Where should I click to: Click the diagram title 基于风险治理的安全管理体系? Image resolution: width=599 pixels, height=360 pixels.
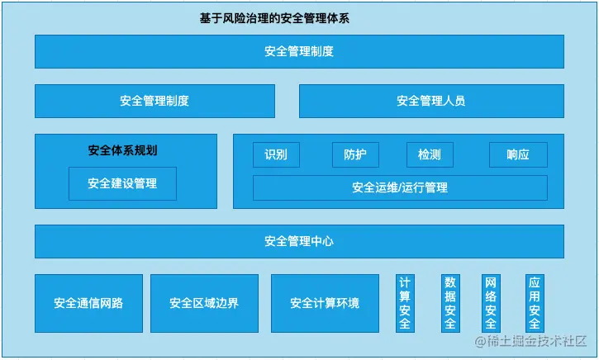pos(274,18)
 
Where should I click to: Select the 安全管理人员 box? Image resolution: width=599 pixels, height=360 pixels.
pos(431,101)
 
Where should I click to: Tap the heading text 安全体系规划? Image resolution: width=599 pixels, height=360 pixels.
pos(122,150)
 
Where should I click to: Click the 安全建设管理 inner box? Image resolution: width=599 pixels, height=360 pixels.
pos(122,183)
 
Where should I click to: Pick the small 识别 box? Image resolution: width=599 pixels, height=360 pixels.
pos(276,154)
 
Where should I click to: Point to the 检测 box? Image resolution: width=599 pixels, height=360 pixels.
pos(430,154)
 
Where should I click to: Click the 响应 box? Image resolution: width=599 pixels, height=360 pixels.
pos(518,154)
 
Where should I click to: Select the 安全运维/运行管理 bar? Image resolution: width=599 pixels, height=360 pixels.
pos(400,187)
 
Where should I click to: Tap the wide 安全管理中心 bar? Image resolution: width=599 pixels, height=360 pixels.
pos(299,241)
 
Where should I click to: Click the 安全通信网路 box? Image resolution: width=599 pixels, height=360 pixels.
pos(88,303)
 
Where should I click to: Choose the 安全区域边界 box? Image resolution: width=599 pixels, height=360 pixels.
pos(204,303)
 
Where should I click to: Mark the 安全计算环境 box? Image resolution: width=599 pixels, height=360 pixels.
pos(325,303)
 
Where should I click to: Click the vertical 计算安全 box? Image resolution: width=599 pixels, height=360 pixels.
pos(405,303)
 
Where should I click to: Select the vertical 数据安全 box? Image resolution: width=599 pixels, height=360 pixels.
pos(450,303)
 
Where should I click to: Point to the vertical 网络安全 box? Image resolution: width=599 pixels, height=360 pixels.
pos(491,303)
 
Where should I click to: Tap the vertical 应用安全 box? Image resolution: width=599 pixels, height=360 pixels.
pos(535,303)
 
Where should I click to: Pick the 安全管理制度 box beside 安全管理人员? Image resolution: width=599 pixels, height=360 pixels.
pos(155,101)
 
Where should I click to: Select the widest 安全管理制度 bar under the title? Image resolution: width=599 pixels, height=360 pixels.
pos(299,51)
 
